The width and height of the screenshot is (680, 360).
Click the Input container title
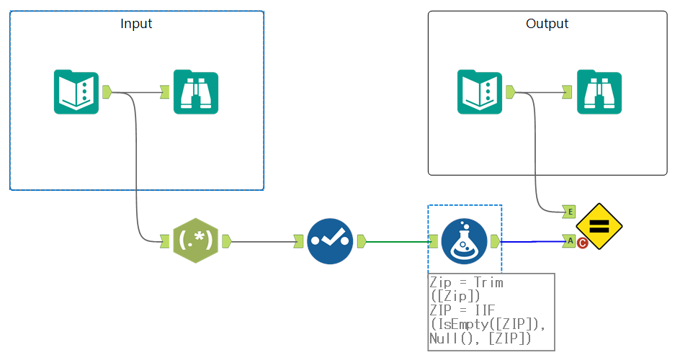click(136, 24)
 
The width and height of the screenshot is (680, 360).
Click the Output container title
click(547, 24)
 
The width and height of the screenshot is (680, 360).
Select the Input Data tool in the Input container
click(76, 92)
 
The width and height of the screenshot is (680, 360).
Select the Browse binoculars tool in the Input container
click(195, 92)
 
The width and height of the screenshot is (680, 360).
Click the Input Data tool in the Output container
click(480, 92)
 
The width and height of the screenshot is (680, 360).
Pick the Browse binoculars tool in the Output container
click(599, 92)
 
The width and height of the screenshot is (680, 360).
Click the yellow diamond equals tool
click(599, 226)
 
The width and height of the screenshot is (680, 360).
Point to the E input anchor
click(569, 212)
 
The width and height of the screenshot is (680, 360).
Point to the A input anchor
click(569, 240)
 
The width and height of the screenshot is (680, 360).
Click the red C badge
click(582, 244)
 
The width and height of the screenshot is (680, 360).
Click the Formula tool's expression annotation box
click(491, 312)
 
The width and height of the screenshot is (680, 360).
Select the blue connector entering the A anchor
click(533, 242)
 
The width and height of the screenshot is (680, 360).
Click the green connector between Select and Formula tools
click(396, 241)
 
